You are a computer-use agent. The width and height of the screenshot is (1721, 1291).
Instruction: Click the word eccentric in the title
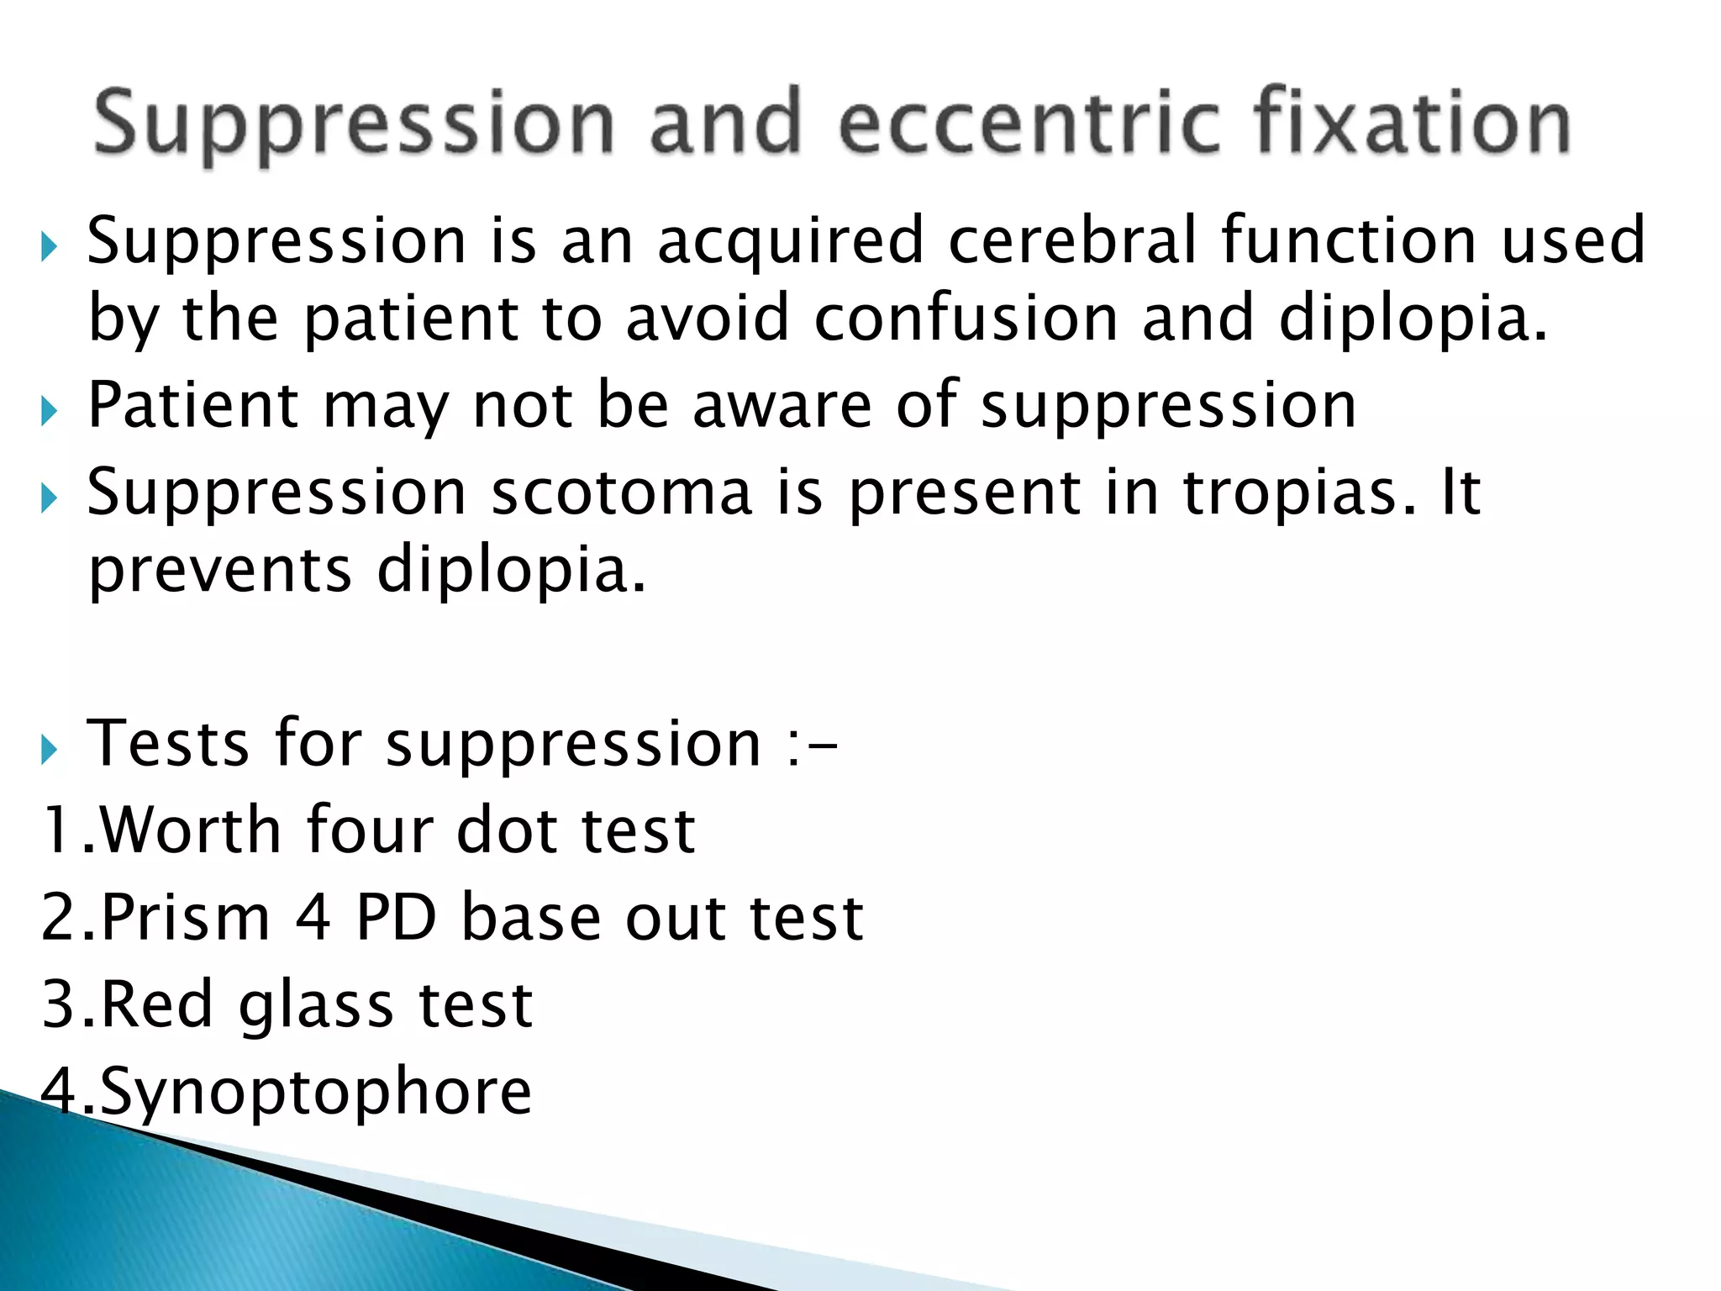pyautogui.click(x=1029, y=124)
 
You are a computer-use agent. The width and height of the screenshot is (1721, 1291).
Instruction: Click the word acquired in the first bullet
pyautogui.click(x=791, y=241)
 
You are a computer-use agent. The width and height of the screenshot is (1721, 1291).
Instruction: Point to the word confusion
pyautogui.click(x=966, y=319)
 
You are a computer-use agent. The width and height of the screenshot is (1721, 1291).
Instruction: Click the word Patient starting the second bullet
pyautogui.click(x=192, y=406)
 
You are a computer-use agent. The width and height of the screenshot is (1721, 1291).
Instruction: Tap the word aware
pyautogui.click(x=782, y=406)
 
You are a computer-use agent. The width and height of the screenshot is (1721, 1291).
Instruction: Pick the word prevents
pyautogui.click(x=220, y=572)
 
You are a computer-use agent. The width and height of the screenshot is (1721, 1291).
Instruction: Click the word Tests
pyautogui.click(x=168, y=744)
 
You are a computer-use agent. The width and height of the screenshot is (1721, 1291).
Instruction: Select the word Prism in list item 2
pyautogui.click(x=186, y=918)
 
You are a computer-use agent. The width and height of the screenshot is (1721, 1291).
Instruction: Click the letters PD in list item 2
pyautogui.click(x=397, y=918)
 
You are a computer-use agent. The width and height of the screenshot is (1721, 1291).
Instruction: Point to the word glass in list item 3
pyautogui.click(x=316, y=1005)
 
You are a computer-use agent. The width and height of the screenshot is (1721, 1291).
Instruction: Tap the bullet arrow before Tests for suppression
pyautogui.click(x=50, y=748)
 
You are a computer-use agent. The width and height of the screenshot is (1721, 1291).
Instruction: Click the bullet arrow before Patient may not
pyautogui.click(x=50, y=410)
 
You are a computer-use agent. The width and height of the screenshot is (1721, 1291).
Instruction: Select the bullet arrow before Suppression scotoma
pyautogui.click(x=50, y=498)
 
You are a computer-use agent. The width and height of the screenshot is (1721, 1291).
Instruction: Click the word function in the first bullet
pyautogui.click(x=1349, y=241)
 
